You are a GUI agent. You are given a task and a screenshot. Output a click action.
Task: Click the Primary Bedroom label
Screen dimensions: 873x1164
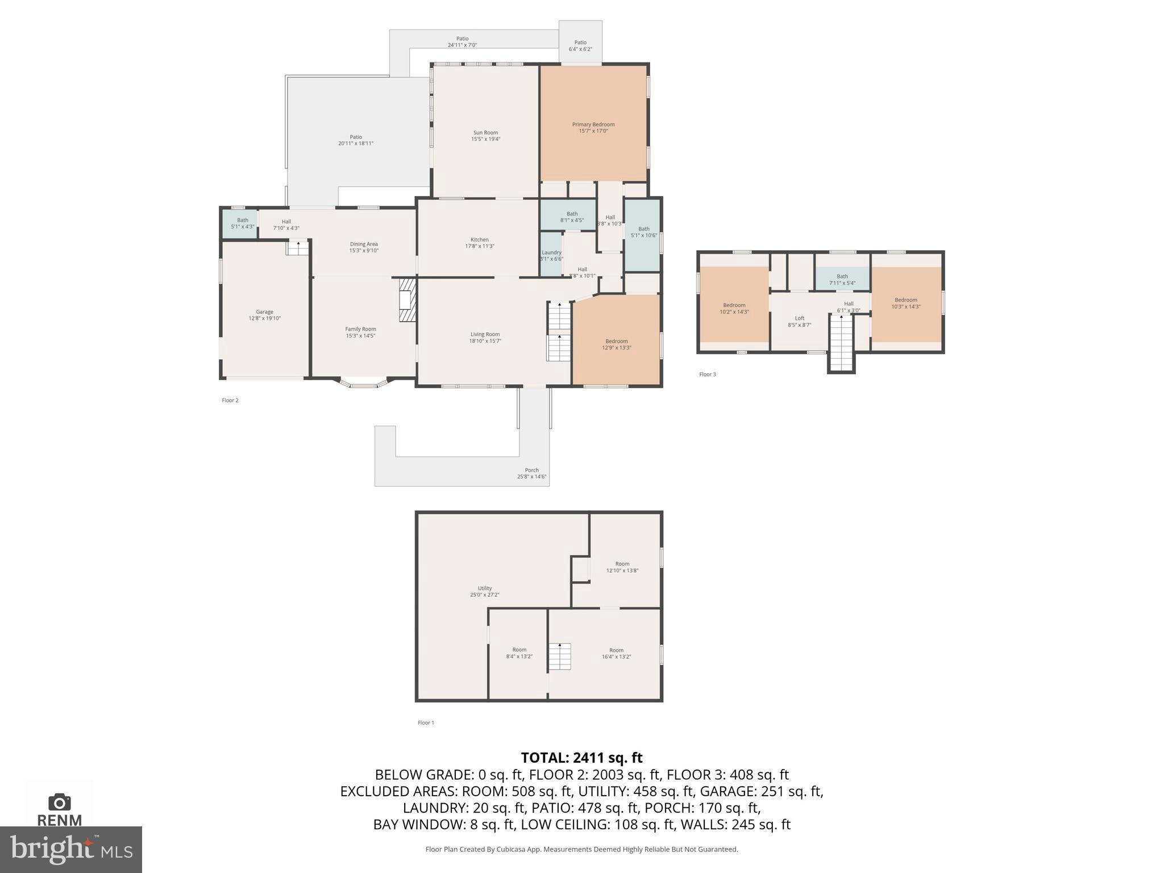(593, 124)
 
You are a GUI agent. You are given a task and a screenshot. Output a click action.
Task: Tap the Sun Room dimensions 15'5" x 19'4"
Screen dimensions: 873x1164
(485, 139)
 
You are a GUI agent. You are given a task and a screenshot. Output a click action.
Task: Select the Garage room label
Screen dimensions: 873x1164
(264, 312)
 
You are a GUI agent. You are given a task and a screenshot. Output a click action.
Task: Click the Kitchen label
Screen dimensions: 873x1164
(479, 240)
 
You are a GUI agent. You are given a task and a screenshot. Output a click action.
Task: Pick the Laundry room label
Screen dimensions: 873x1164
(551, 252)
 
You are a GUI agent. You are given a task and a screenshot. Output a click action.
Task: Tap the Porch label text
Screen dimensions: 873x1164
(531, 470)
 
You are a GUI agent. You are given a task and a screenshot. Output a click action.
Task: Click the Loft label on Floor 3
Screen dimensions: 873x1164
(799, 318)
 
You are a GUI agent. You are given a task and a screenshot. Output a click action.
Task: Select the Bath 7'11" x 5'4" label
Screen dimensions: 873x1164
(842, 280)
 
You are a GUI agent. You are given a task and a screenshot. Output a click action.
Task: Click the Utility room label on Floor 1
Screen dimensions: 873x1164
(484, 588)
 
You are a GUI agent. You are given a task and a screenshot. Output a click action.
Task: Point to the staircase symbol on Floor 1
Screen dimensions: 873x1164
(559, 656)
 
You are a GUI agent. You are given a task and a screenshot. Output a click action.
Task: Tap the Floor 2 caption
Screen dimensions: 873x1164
(230, 400)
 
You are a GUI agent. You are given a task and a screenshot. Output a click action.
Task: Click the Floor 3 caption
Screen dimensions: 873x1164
(707, 374)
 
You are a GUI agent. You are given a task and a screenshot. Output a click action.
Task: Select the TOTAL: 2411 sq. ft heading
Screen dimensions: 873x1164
(581, 758)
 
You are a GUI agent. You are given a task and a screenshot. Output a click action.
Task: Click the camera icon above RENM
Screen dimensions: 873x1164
(59, 802)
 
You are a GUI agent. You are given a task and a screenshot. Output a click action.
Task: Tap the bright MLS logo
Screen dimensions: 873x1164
(70, 849)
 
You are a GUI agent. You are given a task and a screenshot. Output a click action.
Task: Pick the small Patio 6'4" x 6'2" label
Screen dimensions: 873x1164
(580, 45)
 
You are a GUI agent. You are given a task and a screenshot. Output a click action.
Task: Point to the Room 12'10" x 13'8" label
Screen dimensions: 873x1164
(622, 567)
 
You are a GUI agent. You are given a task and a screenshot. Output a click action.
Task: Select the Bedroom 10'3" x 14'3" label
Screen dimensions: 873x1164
(905, 303)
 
